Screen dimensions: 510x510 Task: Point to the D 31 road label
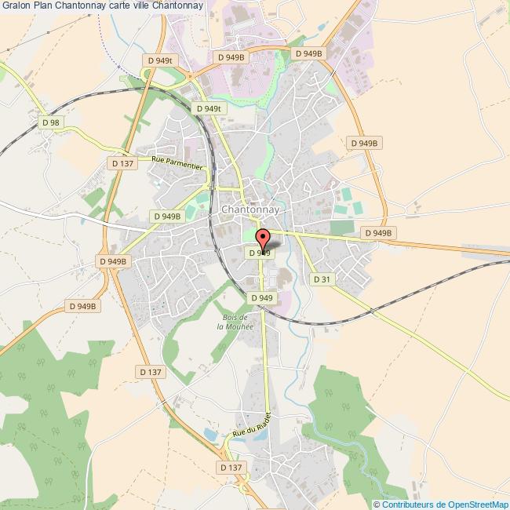point(321,279)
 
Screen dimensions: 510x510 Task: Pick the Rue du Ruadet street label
point(251,427)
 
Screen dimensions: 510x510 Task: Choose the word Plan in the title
point(44,6)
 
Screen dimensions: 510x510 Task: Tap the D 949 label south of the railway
point(262,298)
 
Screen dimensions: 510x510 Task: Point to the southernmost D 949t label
point(210,109)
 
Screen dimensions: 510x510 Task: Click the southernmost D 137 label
point(231,468)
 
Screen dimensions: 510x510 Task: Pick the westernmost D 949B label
point(82,307)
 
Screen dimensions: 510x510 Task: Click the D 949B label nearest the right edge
point(377,233)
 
